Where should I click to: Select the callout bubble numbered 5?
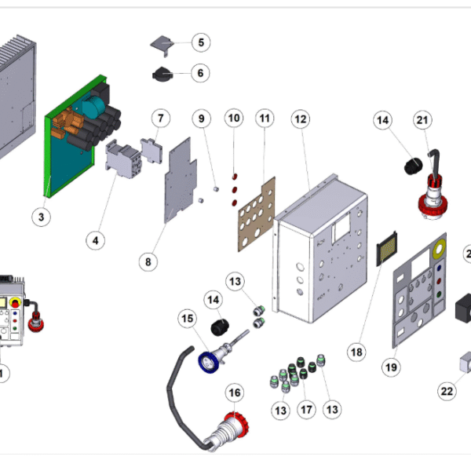tap(199, 42)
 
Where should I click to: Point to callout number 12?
tap(300, 119)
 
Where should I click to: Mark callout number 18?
tap(356, 352)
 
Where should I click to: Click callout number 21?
tap(423, 119)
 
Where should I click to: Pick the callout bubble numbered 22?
tap(447, 390)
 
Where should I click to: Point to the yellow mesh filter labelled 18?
tap(385, 250)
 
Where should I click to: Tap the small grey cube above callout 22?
tap(466, 360)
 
